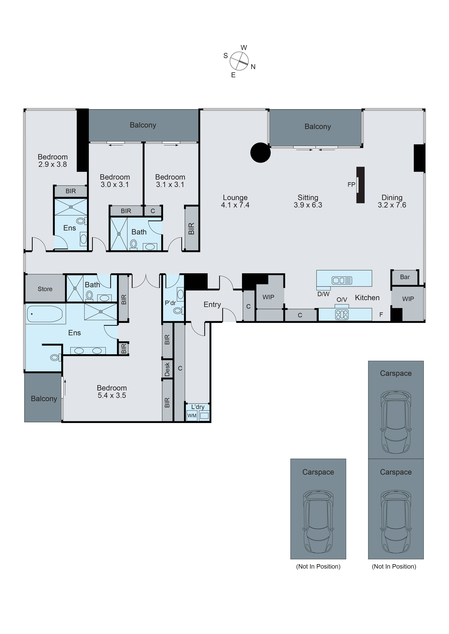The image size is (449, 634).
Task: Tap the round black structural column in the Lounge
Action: coord(260,152)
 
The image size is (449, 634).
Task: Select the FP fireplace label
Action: coord(351,184)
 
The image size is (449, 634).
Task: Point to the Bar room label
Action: coord(405,277)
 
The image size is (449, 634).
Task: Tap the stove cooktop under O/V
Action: coord(342,315)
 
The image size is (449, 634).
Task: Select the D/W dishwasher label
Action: coord(323,294)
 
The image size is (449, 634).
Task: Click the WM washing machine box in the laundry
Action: coord(192,416)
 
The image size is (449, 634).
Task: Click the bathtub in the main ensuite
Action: coord(45,314)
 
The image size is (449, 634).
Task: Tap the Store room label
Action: coord(45,289)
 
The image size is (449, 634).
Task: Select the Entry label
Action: coord(212,305)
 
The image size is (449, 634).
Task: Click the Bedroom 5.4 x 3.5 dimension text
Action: coord(112,395)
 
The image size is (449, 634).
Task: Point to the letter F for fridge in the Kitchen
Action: coord(381,315)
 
